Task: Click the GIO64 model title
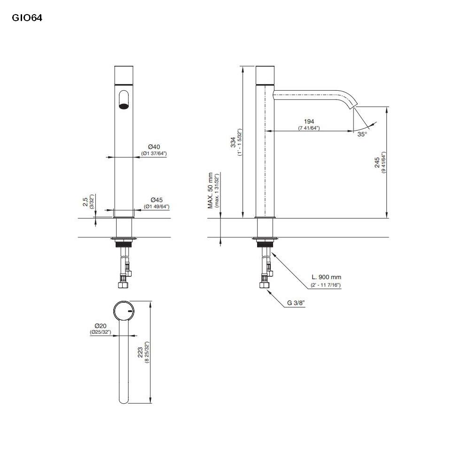click(x=27, y=18)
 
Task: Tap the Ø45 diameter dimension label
click(x=157, y=199)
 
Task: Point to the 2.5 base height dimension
click(x=85, y=202)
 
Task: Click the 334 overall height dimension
click(x=233, y=142)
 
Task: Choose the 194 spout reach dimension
click(x=309, y=121)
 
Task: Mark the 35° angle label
click(x=362, y=134)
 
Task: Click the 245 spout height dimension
click(x=377, y=163)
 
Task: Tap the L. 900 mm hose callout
click(x=326, y=278)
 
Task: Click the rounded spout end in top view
click(x=124, y=399)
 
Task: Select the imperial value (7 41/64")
click(x=309, y=128)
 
